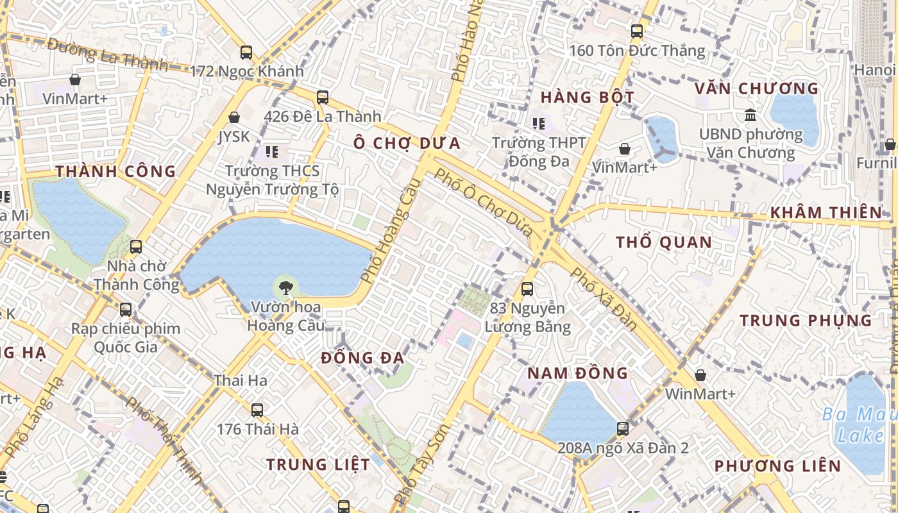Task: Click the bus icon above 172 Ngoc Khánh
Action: click(x=246, y=53)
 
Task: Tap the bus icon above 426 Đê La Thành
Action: click(x=323, y=97)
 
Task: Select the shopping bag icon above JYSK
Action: click(x=234, y=117)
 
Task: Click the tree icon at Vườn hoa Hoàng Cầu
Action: click(x=285, y=286)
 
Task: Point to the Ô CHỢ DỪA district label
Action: click(x=407, y=143)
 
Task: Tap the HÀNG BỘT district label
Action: click(x=587, y=97)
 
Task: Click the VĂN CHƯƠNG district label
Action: click(x=757, y=88)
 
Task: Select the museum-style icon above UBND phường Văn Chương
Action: click(x=750, y=115)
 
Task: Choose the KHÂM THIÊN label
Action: click(x=826, y=212)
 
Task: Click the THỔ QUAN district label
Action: click(x=664, y=242)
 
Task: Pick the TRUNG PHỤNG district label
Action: click(x=806, y=320)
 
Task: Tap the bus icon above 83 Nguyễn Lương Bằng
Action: click(x=527, y=289)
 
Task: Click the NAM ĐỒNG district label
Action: click(x=577, y=373)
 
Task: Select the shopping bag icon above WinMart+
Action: click(x=700, y=374)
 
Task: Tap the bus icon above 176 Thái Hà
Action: click(x=257, y=410)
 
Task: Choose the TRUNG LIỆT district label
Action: click(x=318, y=464)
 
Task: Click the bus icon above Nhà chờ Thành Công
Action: click(x=136, y=247)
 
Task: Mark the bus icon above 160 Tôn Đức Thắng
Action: click(x=637, y=31)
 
